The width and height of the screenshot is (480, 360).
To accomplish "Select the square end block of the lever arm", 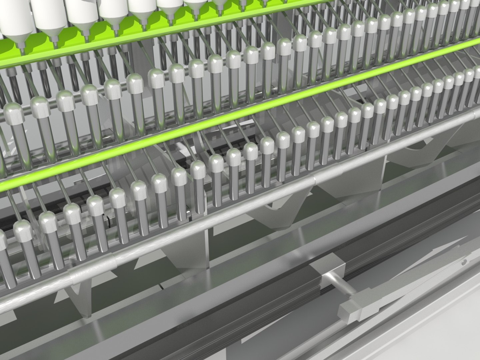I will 350,312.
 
